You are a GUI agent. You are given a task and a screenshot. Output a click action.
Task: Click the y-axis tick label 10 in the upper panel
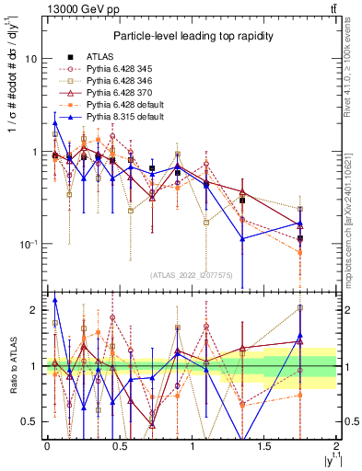[30, 59]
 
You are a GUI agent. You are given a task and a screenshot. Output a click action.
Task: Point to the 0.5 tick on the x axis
[119, 445]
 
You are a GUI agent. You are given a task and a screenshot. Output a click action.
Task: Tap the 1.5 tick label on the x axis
[264, 445]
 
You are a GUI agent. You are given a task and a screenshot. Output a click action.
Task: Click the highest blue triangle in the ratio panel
[55, 300]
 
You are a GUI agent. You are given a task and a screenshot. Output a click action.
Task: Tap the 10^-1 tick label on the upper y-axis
[28, 245]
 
